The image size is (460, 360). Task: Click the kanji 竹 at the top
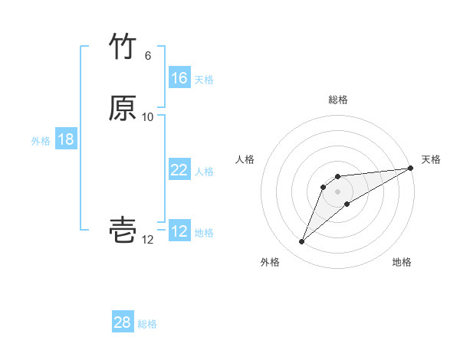coord(123,47)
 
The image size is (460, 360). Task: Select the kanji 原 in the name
coord(123,109)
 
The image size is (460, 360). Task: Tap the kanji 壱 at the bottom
coord(123,231)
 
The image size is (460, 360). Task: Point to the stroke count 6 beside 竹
coord(148,56)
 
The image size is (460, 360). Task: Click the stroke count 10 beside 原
coord(148,117)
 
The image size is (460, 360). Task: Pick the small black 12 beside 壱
coord(148,240)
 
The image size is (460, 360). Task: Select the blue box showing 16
coord(179,78)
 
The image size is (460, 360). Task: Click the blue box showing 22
coord(179,171)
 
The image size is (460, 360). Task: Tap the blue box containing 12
coord(179,232)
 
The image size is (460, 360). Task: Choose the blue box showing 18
coord(66,139)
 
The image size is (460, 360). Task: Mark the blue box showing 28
coord(123,322)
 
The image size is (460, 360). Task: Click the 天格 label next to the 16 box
coord(204,80)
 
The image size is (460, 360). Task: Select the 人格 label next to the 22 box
coord(204,172)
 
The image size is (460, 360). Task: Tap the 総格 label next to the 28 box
coord(147,324)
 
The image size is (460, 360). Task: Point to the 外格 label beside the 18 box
coord(41,141)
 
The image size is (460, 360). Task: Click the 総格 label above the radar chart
coord(338,100)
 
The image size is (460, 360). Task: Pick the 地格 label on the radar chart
coord(402,263)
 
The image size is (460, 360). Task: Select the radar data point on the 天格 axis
coord(411,169)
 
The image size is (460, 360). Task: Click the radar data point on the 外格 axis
coord(301,242)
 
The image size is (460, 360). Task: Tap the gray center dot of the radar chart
coord(338,191)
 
